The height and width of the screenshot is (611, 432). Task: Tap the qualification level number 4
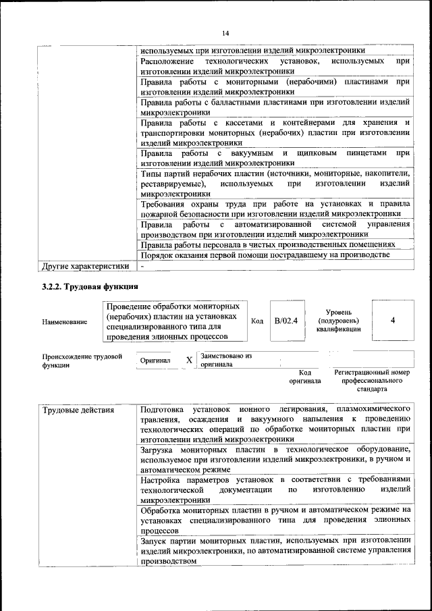click(392, 321)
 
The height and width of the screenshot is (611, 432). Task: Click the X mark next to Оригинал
click(189, 360)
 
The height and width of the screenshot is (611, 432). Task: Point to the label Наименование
click(64, 322)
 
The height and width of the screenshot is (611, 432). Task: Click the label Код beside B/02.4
click(257, 321)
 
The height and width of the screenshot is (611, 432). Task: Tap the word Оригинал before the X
click(155, 361)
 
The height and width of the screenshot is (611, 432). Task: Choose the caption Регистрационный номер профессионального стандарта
click(372, 381)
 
